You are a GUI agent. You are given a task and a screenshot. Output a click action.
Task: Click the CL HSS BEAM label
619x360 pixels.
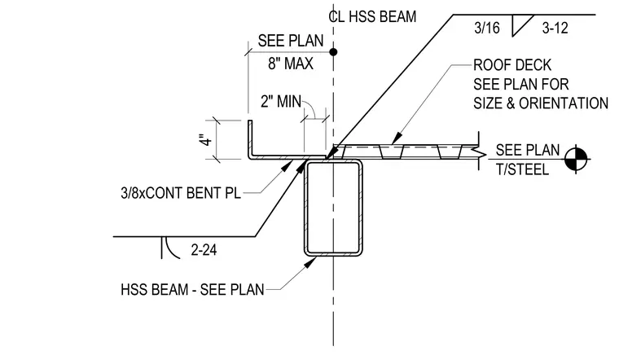(372, 16)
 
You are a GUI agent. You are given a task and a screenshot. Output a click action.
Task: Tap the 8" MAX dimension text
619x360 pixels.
(291, 64)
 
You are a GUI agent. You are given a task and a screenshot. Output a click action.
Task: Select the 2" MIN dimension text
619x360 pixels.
(281, 102)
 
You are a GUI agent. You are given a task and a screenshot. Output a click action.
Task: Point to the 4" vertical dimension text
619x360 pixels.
(206, 140)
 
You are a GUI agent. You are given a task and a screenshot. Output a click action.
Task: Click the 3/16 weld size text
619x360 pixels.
(487, 28)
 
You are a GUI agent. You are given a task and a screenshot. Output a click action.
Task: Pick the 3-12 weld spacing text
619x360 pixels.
(555, 28)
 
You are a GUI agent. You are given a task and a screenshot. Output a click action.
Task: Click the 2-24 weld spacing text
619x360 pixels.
(204, 250)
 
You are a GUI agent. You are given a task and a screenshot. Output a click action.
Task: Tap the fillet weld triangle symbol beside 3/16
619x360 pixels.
(522, 26)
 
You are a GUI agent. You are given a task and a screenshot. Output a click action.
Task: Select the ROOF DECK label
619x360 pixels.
(512, 64)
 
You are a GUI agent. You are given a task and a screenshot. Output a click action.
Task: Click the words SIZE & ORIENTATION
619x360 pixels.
(541, 103)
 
